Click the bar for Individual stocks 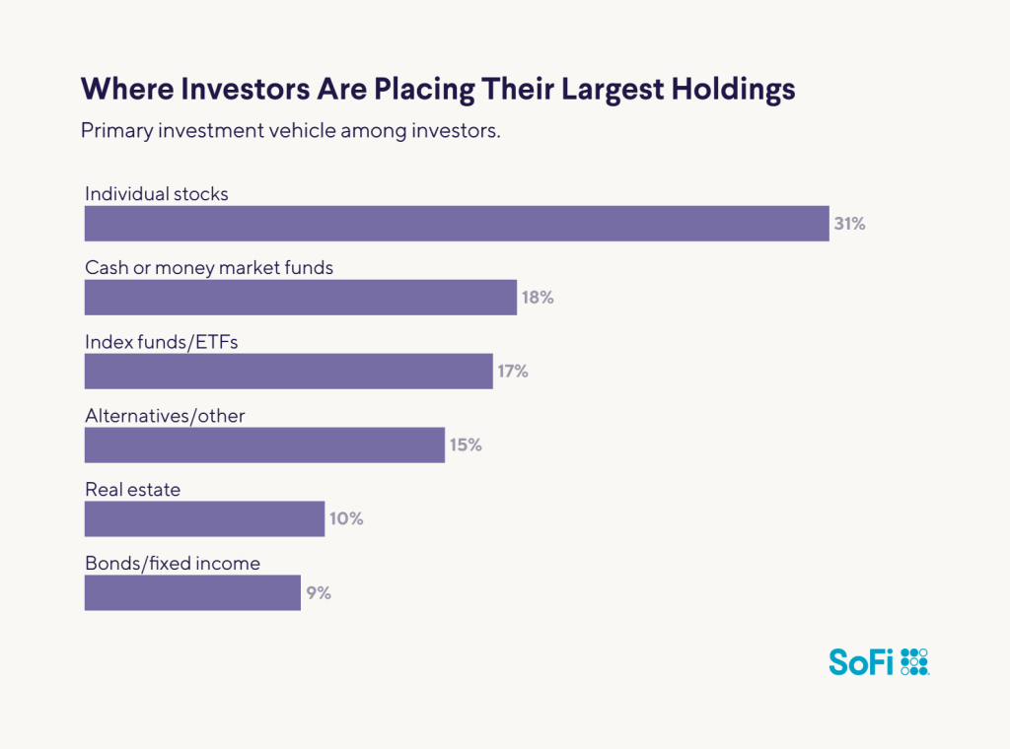[456, 224]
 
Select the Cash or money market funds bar [301, 298]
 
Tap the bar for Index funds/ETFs [288, 372]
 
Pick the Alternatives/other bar [264, 445]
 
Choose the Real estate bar [204, 519]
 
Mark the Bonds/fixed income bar [192, 593]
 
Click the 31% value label [849, 224]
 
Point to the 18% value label [538, 298]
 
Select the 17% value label [513, 372]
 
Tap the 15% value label [466, 445]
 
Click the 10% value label [346, 519]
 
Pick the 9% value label [318, 593]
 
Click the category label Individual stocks [157, 194]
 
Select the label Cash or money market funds [209, 268]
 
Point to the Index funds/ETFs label [162, 342]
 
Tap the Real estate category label [133, 490]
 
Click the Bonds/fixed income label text [173, 564]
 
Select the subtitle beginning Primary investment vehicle [291, 131]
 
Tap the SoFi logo [879, 661]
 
